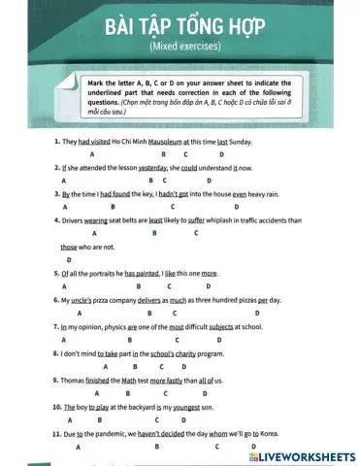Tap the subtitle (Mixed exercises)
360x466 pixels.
(180, 46)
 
